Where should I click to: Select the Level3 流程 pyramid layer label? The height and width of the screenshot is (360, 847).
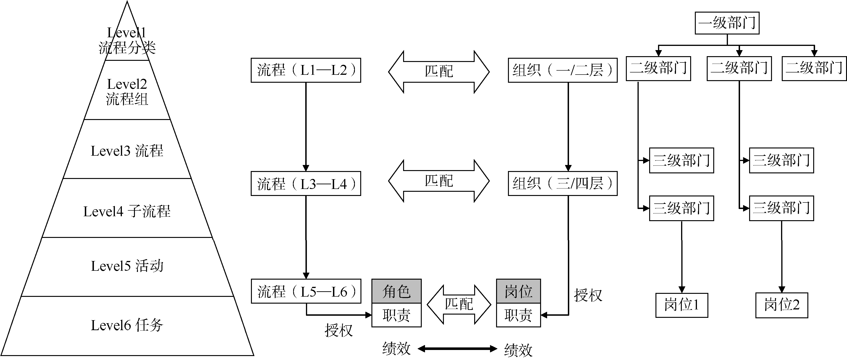(x=127, y=151)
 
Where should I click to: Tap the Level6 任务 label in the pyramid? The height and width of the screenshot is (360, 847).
(x=127, y=325)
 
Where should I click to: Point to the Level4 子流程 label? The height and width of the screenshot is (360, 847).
(x=127, y=211)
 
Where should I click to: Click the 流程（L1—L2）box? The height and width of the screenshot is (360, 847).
(x=306, y=70)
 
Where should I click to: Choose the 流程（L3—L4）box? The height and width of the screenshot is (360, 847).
(x=306, y=183)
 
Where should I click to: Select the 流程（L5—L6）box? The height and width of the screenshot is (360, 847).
(x=306, y=291)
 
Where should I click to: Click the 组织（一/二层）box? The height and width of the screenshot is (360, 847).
(x=562, y=70)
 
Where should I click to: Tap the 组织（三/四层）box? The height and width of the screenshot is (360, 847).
(x=562, y=183)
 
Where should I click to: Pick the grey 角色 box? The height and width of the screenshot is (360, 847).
(x=397, y=291)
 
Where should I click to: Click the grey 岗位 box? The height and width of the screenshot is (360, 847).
(x=518, y=291)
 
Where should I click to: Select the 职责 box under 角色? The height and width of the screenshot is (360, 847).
(x=397, y=315)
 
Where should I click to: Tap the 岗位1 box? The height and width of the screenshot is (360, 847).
(x=682, y=305)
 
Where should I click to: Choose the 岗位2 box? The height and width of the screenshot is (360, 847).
(x=782, y=305)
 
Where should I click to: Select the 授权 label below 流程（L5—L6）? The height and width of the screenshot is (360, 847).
(x=338, y=330)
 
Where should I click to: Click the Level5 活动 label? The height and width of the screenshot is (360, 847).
(x=127, y=266)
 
